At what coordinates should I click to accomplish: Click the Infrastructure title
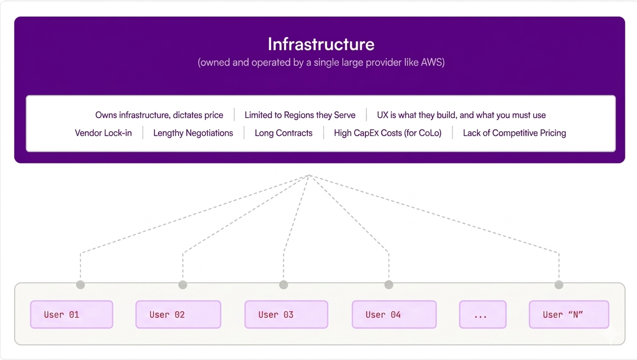(321, 45)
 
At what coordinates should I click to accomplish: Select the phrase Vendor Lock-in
(103, 133)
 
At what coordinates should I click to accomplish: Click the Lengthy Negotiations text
(193, 133)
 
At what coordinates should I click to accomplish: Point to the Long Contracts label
(283, 133)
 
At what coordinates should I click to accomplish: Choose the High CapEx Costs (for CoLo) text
(387, 133)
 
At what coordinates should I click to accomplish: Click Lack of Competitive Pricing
(515, 133)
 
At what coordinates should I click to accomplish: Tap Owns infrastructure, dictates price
(159, 115)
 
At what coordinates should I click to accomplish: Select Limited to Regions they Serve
(300, 115)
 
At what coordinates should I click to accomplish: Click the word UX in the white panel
(382, 115)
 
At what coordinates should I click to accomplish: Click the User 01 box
(72, 314)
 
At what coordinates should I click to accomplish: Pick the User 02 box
(178, 314)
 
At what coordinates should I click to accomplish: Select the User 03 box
(286, 314)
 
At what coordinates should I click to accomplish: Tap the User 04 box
(394, 314)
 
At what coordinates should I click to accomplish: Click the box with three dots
(483, 314)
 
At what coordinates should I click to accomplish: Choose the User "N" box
(569, 314)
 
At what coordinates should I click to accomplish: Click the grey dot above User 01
(81, 285)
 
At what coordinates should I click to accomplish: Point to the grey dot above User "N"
(559, 285)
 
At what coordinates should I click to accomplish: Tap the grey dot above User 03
(283, 285)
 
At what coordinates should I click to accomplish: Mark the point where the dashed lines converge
(310, 175)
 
